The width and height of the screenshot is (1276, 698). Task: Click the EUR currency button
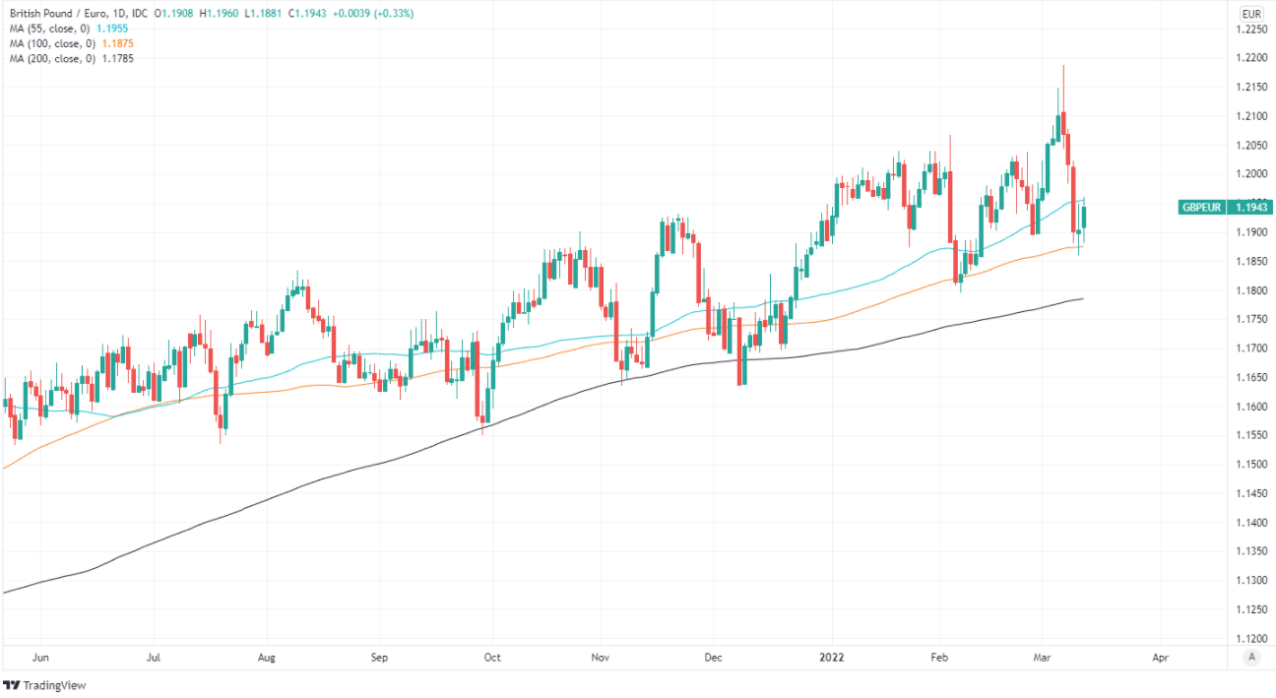(x=1251, y=14)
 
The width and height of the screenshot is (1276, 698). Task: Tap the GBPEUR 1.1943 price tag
(x=1226, y=207)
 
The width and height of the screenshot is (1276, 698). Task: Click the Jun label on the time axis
(x=40, y=656)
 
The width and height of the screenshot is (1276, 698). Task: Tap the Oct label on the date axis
(x=492, y=656)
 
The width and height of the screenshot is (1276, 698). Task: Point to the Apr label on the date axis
(x=1160, y=656)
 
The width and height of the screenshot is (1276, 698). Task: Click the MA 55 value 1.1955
(x=112, y=29)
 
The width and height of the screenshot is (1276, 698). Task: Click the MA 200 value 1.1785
(x=117, y=58)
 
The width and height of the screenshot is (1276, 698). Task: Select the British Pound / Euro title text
(x=59, y=14)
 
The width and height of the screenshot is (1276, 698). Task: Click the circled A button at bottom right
(x=1251, y=657)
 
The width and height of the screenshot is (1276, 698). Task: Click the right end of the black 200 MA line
(x=1083, y=298)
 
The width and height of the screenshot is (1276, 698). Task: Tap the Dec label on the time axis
(x=714, y=656)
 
